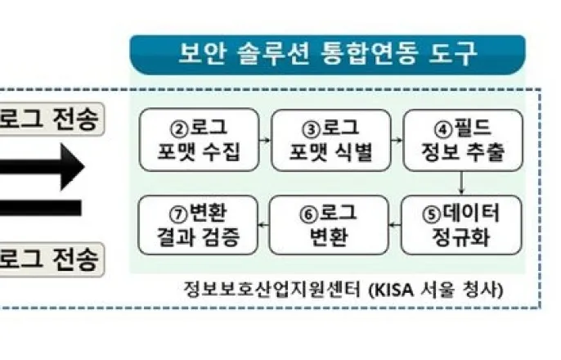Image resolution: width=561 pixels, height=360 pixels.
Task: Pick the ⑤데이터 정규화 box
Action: tap(462, 224)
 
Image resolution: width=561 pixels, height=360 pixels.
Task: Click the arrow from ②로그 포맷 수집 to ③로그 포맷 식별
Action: tap(265, 140)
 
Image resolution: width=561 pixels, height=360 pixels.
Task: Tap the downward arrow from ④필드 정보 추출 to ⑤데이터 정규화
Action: tap(462, 182)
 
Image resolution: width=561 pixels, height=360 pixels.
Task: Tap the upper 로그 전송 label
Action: tap(49, 120)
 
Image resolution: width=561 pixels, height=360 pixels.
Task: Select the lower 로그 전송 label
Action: tap(49, 259)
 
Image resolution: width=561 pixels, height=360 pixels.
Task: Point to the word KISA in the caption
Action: tap(391, 290)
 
